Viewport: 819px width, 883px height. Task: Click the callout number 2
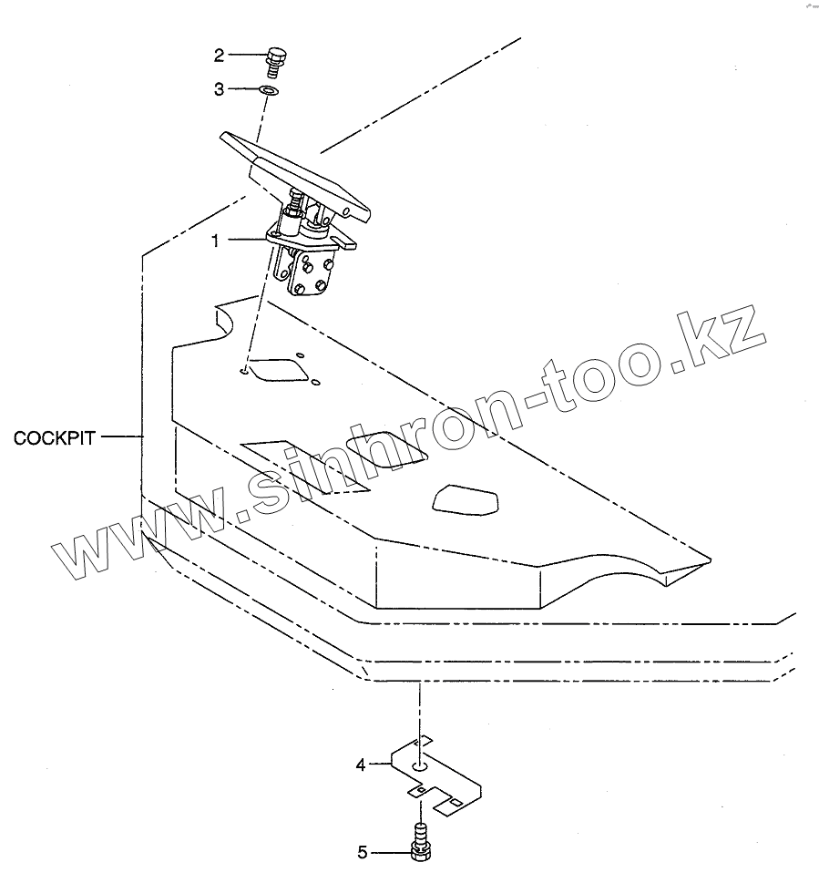click(219, 56)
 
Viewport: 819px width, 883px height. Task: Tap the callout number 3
click(219, 89)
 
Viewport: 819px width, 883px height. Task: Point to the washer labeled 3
click(269, 90)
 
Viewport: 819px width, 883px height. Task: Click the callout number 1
click(215, 241)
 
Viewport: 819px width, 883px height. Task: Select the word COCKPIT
click(55, 438)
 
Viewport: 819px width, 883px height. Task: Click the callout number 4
click(361, 765)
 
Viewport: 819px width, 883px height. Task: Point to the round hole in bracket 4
click(419, 767)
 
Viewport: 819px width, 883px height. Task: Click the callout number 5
click(362, 853)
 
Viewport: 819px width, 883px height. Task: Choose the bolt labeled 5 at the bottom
click(420, 839)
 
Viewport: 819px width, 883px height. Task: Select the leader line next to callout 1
click(246, 241)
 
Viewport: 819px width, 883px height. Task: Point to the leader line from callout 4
click(380, 765)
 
